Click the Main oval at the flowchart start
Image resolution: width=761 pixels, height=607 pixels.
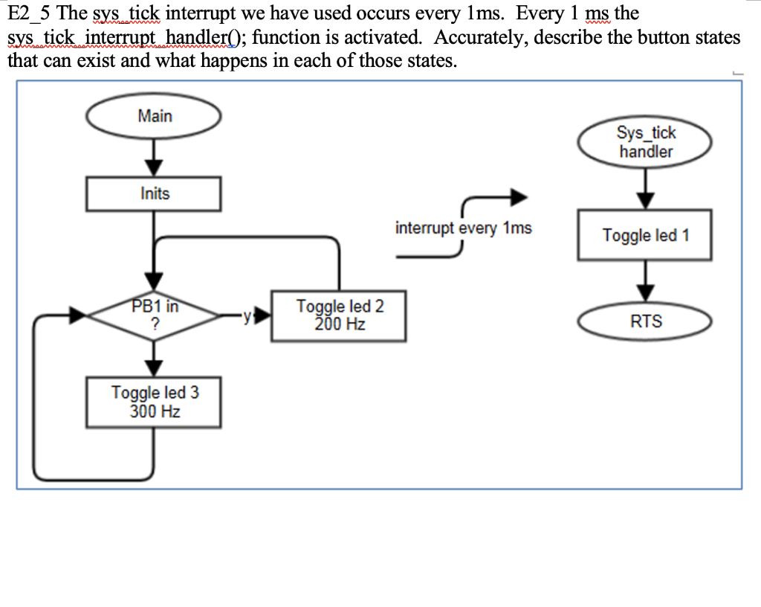tap(154, 117)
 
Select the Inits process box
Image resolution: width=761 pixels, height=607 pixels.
tap(154, 194)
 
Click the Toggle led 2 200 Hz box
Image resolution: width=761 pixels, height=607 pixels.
tap(340, 315)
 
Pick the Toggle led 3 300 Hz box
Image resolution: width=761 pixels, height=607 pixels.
tap(154, 402)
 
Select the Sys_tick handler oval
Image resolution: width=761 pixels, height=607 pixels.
tap(645, 142)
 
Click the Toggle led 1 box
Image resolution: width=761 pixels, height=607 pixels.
tap(645, 235)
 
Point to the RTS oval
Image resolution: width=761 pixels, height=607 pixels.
tap(645, 322)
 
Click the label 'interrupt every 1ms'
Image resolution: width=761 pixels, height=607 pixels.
tap(464, 228)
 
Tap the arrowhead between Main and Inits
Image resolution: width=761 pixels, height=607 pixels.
tap(154, 167)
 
